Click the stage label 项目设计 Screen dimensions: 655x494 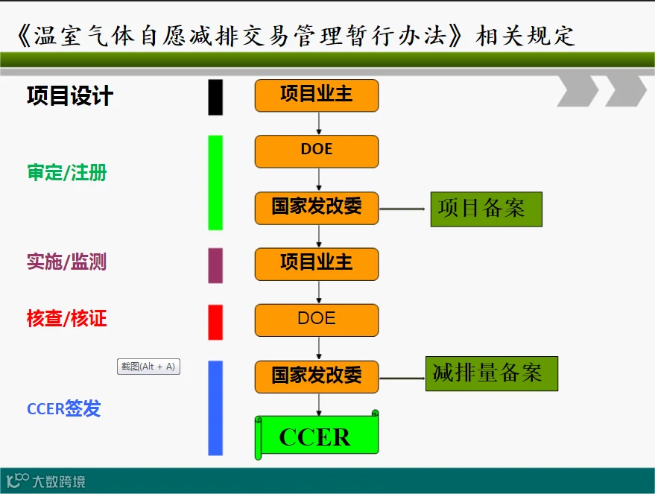coord(70,96)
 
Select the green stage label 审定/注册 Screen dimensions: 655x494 coord(67,174)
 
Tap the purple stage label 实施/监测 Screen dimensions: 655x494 coord(67,262)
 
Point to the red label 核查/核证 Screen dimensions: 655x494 coord(67,319)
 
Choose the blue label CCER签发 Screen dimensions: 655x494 coord(64,408)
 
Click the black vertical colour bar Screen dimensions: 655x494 coord(215,98)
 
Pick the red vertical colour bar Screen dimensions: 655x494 coord(215,322)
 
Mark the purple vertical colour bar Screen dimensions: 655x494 coord(215,265)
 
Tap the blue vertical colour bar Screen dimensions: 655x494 coord(215,408)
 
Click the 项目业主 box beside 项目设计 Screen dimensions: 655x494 coord(317,95)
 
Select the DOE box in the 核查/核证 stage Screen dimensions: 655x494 coord(317,320)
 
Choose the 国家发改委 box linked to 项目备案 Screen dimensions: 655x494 coord(317,207)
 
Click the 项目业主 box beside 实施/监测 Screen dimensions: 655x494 coord(317,264)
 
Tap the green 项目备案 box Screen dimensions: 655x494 coord(486,209)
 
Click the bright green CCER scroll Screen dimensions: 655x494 coord(317,437)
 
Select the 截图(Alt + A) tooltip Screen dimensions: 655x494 coord(148,367)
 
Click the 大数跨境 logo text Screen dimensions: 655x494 coord(58,482)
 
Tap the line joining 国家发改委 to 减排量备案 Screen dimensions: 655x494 coord(402,378)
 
